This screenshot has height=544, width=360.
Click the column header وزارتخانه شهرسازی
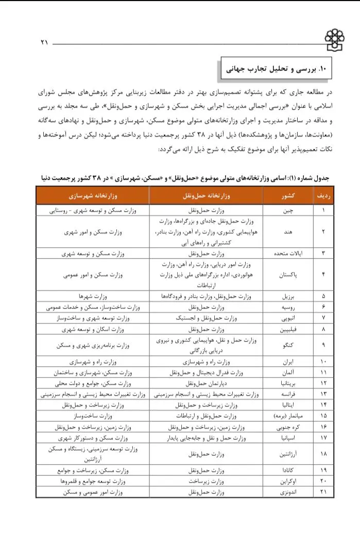93,196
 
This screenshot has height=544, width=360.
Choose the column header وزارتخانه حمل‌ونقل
206,196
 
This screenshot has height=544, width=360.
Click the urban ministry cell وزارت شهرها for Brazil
93,296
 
